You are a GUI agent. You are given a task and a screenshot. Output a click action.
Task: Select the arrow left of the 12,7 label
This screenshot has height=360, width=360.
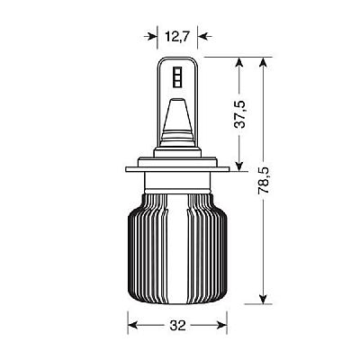(154, 37)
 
